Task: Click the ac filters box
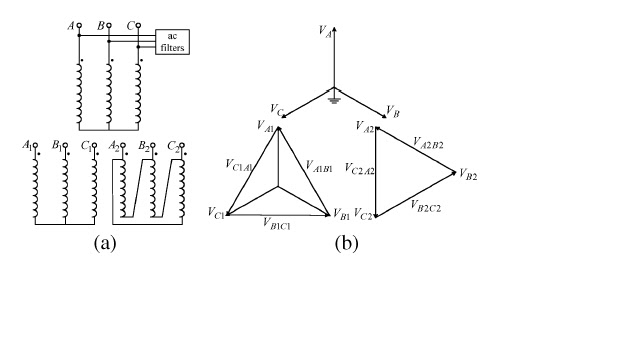pos(172,41)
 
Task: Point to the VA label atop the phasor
pos(326,33)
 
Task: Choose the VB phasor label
pos(393,113)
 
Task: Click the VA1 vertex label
pos(266,129)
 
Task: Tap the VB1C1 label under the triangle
pos(277,224)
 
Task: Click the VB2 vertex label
pos(467,176)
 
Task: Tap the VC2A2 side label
pos(359,171)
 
